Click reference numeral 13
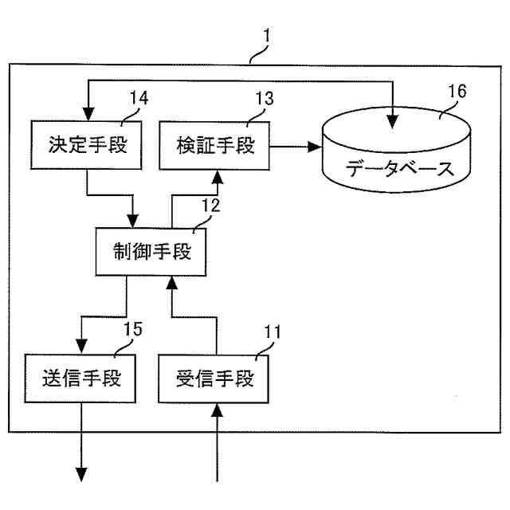click(265, 99)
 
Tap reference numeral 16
click(456, 92)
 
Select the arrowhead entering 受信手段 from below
click(218, 409)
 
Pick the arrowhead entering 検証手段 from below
click(218, 176)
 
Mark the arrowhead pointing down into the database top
click(391, 121)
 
